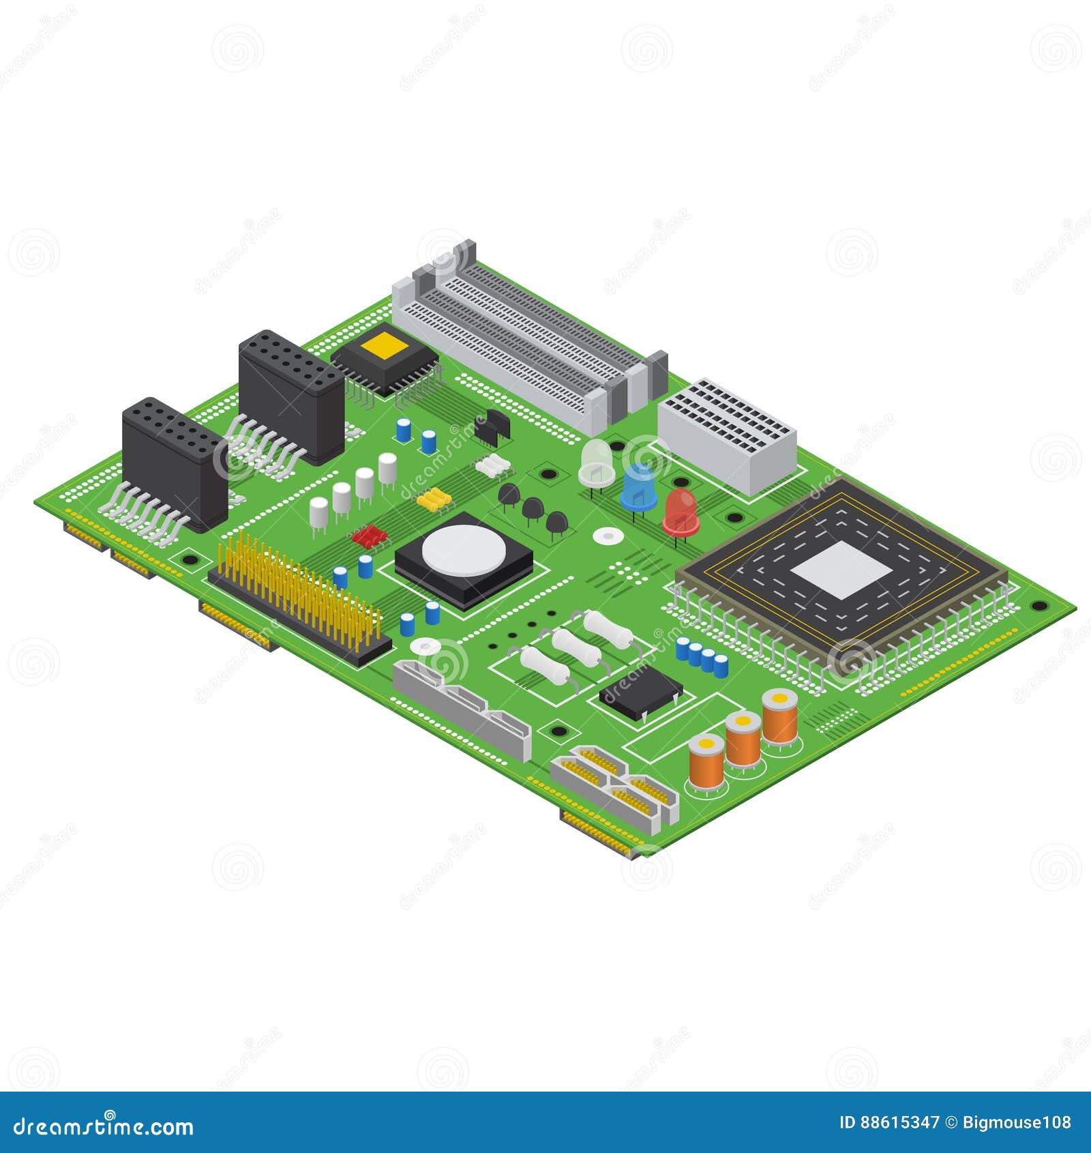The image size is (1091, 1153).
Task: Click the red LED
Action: [680, 511]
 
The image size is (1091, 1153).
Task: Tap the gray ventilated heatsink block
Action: [727, 434]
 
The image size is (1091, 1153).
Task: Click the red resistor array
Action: [370, 536]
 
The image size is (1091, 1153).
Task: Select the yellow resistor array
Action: [435, 499]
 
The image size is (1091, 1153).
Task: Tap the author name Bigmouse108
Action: [1017, 1122]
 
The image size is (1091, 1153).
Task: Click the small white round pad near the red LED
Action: [606, 536]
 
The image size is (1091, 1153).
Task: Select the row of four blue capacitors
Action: [701, 656]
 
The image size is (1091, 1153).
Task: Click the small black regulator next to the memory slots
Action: [492, 424]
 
